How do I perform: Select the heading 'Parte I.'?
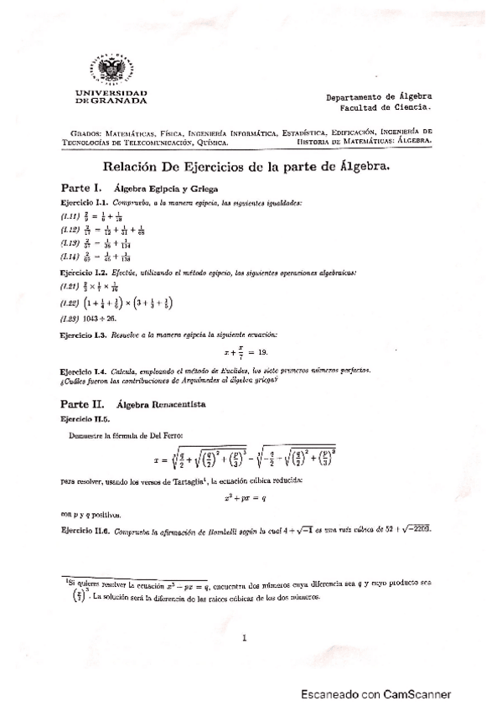(80, 188)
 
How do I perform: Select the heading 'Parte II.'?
(82, 403)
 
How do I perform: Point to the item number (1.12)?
(70, 229)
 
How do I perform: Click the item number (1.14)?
(70, 257)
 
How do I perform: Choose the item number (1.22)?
(70, 303)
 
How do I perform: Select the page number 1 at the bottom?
(244, 638)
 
